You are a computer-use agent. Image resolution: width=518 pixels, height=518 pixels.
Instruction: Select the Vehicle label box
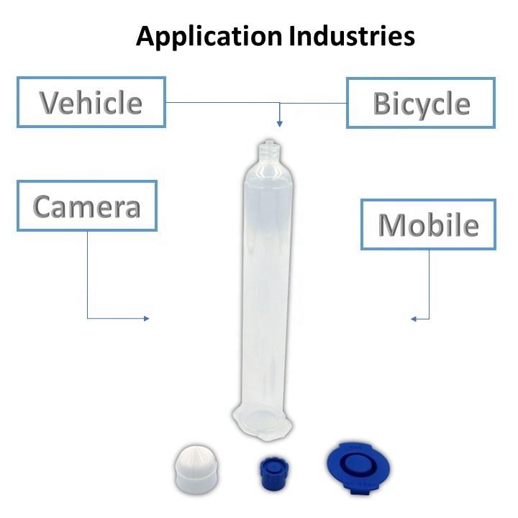coord(91,102)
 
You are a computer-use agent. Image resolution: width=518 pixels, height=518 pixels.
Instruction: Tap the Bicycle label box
coord(421,103)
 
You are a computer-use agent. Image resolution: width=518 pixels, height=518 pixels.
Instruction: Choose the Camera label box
coord(86,206)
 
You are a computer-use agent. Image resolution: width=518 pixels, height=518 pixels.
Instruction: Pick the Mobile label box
coord(429,225)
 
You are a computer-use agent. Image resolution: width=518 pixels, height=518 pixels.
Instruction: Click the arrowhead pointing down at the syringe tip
coord(280,123)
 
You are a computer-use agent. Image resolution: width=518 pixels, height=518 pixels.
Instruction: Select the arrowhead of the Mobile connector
coord(414,318)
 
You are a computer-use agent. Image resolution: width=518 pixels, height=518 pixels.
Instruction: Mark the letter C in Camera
coord(44,207)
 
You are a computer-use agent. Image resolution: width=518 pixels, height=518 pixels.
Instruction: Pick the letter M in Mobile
coord(391,226)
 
